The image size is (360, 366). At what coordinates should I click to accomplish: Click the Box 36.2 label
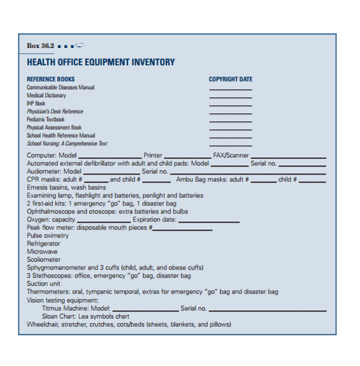click(x=41, y=46)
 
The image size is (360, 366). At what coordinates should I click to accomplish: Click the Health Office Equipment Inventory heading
click(x=101, y=62)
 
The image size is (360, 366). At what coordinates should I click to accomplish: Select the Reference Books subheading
click(x=51, y=79)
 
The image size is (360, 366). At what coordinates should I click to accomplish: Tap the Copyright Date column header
click(x=231, y=79)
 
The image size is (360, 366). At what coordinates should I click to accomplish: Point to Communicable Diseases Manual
click(x=61, y=87)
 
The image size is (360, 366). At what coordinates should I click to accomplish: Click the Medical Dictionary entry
click(x=46, y=95)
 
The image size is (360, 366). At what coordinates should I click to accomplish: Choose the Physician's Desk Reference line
click(x=55, y=112)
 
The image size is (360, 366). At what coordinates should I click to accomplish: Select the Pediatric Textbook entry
click(x=46, y=120)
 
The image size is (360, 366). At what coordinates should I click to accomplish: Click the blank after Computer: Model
click(x=109, y=157)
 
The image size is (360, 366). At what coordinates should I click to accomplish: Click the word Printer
click(x=153, y=156)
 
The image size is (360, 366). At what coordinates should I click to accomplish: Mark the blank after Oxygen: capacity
click(x=104, y=221)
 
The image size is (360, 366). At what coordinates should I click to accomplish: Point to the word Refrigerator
click(x=43, y=244)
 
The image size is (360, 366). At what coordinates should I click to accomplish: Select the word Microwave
click(x=42, y=252)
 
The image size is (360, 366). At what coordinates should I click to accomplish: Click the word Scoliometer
click(x=43, y=260)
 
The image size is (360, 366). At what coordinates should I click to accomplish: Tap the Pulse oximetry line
click(x=48, y=236)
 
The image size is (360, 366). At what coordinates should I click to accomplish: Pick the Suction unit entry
click(x=44, y=284)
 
